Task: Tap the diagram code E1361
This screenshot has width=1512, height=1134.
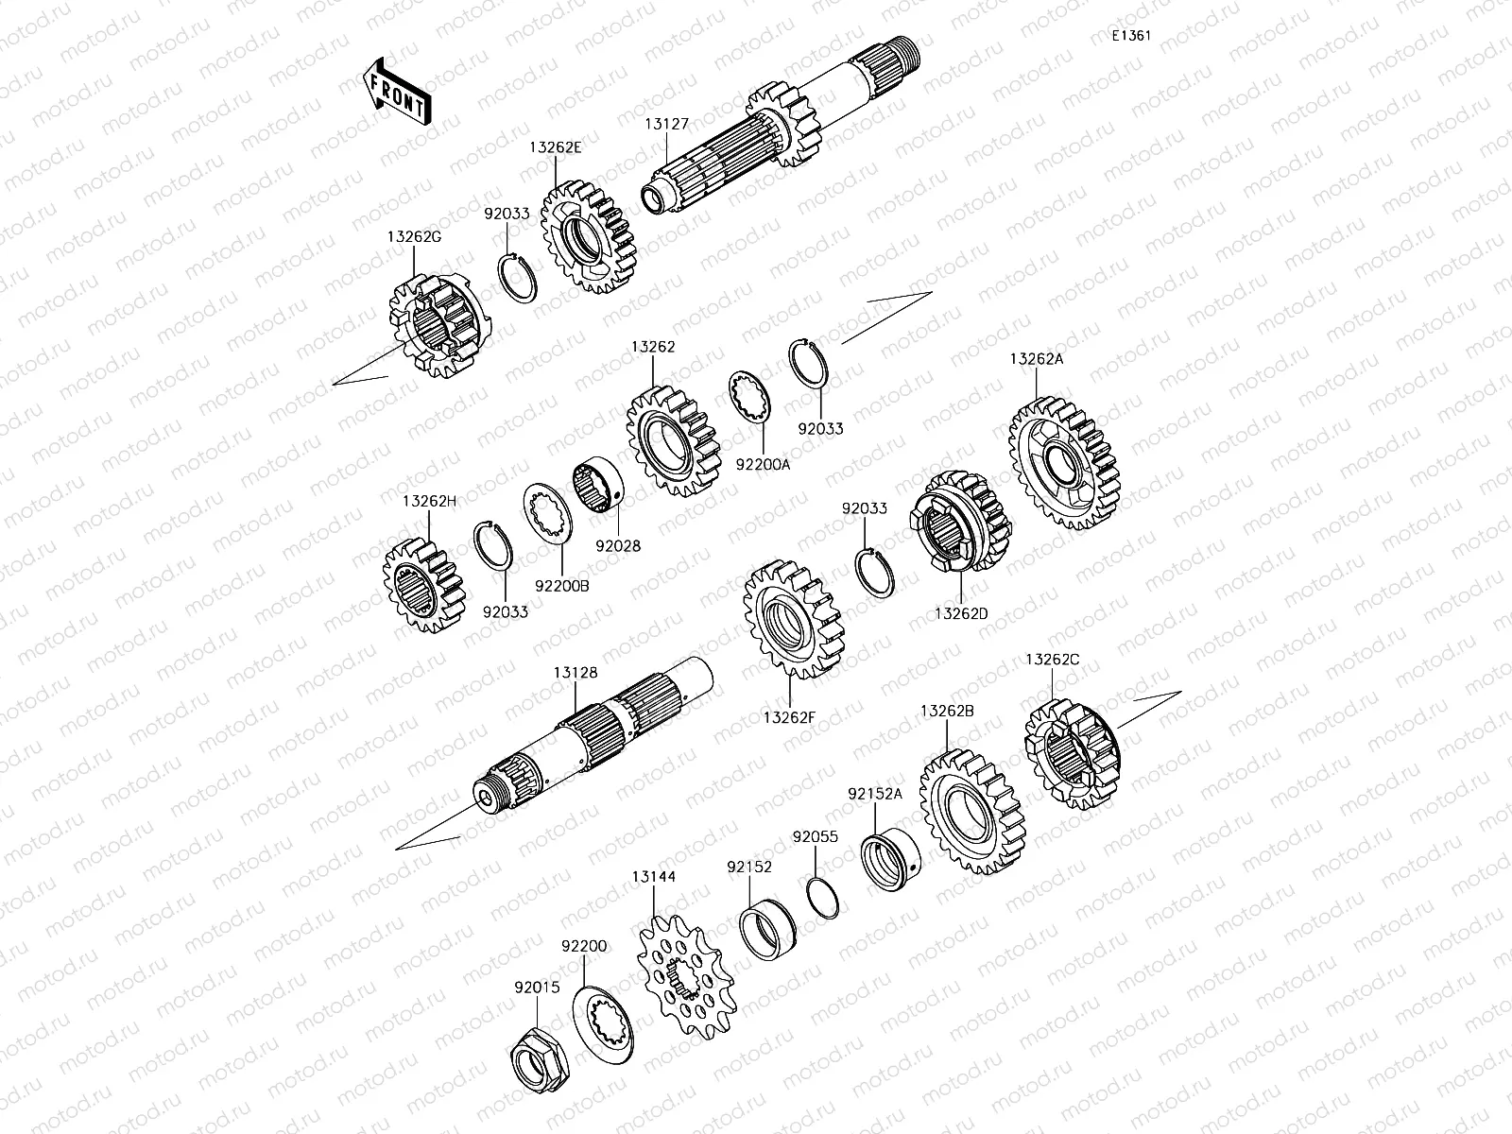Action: click(1130, 36)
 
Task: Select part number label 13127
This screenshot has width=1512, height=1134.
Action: click(666, 124)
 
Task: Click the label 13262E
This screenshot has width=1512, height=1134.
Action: click(555, 147)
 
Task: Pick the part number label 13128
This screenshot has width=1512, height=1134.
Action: click(576, 672)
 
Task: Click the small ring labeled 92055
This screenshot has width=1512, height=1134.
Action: click(823, 897)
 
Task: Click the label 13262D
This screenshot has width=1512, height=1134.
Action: click(961, 613)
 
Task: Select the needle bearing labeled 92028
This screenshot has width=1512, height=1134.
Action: click(597, 487)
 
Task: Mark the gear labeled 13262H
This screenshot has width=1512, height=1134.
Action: click(426, 585)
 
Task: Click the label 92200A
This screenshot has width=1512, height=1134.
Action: click(764, 464)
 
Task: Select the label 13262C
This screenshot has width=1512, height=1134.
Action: click(1052, 659)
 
